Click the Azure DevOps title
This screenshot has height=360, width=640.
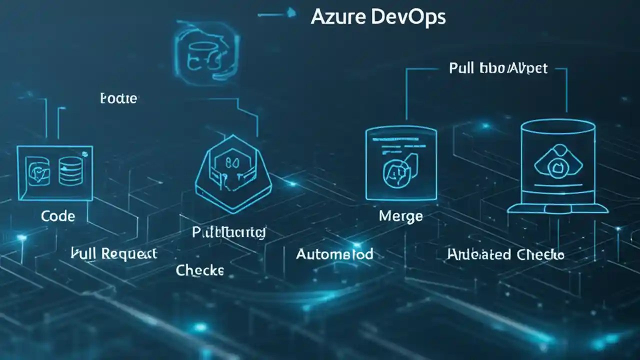point(377,17)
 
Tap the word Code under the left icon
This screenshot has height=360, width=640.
point(58,216)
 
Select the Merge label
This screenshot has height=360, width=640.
point(400,216)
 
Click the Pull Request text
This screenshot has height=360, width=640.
point(114,253)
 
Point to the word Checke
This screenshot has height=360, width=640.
point(200,270)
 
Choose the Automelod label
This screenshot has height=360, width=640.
point(334,254)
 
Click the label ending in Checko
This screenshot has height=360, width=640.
point(505,254)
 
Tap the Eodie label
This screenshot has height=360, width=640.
point(118,98)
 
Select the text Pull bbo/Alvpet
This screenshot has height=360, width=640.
point(498,68)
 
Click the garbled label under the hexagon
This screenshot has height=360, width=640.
point(229,232)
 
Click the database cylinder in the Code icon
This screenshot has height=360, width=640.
point(70,173)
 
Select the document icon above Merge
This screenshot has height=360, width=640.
point(401,163)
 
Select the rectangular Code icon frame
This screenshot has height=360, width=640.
point(54,173)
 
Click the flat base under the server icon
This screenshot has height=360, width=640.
point(557,208)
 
